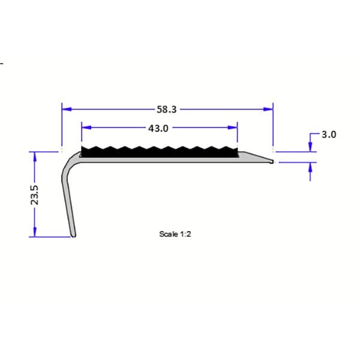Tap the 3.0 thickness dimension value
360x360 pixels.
[328, 135]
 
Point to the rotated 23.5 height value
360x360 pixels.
[35, 194]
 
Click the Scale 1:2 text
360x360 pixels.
[175, 234]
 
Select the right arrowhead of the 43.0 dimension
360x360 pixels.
[233, 128]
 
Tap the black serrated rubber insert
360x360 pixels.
[160, 152]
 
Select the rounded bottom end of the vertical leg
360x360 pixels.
[74, 235]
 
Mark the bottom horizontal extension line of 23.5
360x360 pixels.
[48, 237]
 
